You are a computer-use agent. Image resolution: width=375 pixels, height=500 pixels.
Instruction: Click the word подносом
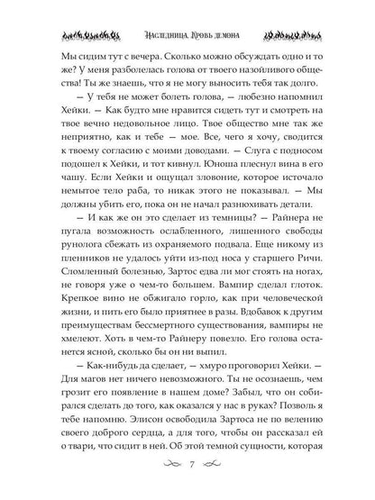pos(290,187)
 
